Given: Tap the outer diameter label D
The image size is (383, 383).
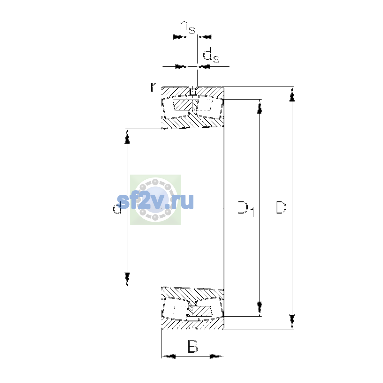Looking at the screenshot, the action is pyautogui.click(x=281, y=208).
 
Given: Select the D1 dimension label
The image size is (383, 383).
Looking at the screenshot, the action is pyautogui.click(x=246, y=209).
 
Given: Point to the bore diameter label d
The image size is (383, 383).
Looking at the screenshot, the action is pyautogui.click(x=117, y=208).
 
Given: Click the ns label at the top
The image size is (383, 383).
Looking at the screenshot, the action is pyautogui.click(x=187, y=27).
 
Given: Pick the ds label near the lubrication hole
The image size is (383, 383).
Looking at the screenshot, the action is pyautogui.click(x=211, y=56).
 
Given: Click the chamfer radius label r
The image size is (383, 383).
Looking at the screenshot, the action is pyautogui.click(x=153, y=87).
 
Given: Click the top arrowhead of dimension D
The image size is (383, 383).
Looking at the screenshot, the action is pyautogui.click(x=292, y=94).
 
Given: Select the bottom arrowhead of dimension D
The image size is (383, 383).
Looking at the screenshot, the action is pyautogui.click(x=292, y=322).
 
